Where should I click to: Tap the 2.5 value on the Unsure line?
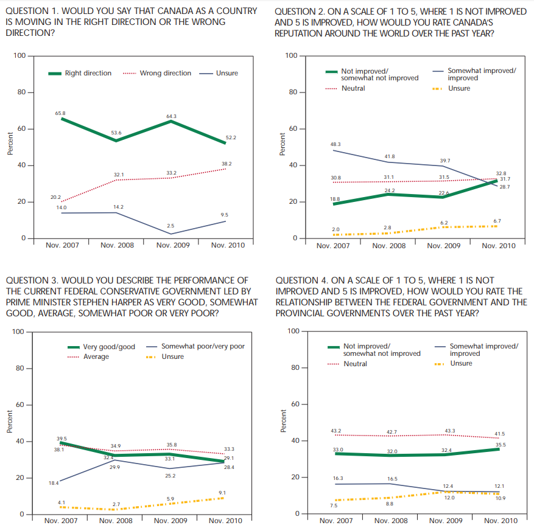170,226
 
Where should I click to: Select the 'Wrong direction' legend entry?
165,74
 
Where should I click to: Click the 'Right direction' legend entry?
88,74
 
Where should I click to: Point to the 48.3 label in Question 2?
335,144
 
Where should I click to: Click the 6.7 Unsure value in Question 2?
497,221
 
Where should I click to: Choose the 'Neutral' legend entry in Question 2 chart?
353,89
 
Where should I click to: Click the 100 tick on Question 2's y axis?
290,57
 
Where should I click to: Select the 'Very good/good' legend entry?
109,347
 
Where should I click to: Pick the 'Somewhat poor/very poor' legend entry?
203,347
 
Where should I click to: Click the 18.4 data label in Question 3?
54,483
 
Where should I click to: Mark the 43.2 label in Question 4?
336,431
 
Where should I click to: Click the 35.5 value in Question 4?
501,445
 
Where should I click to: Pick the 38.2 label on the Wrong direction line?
226,164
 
